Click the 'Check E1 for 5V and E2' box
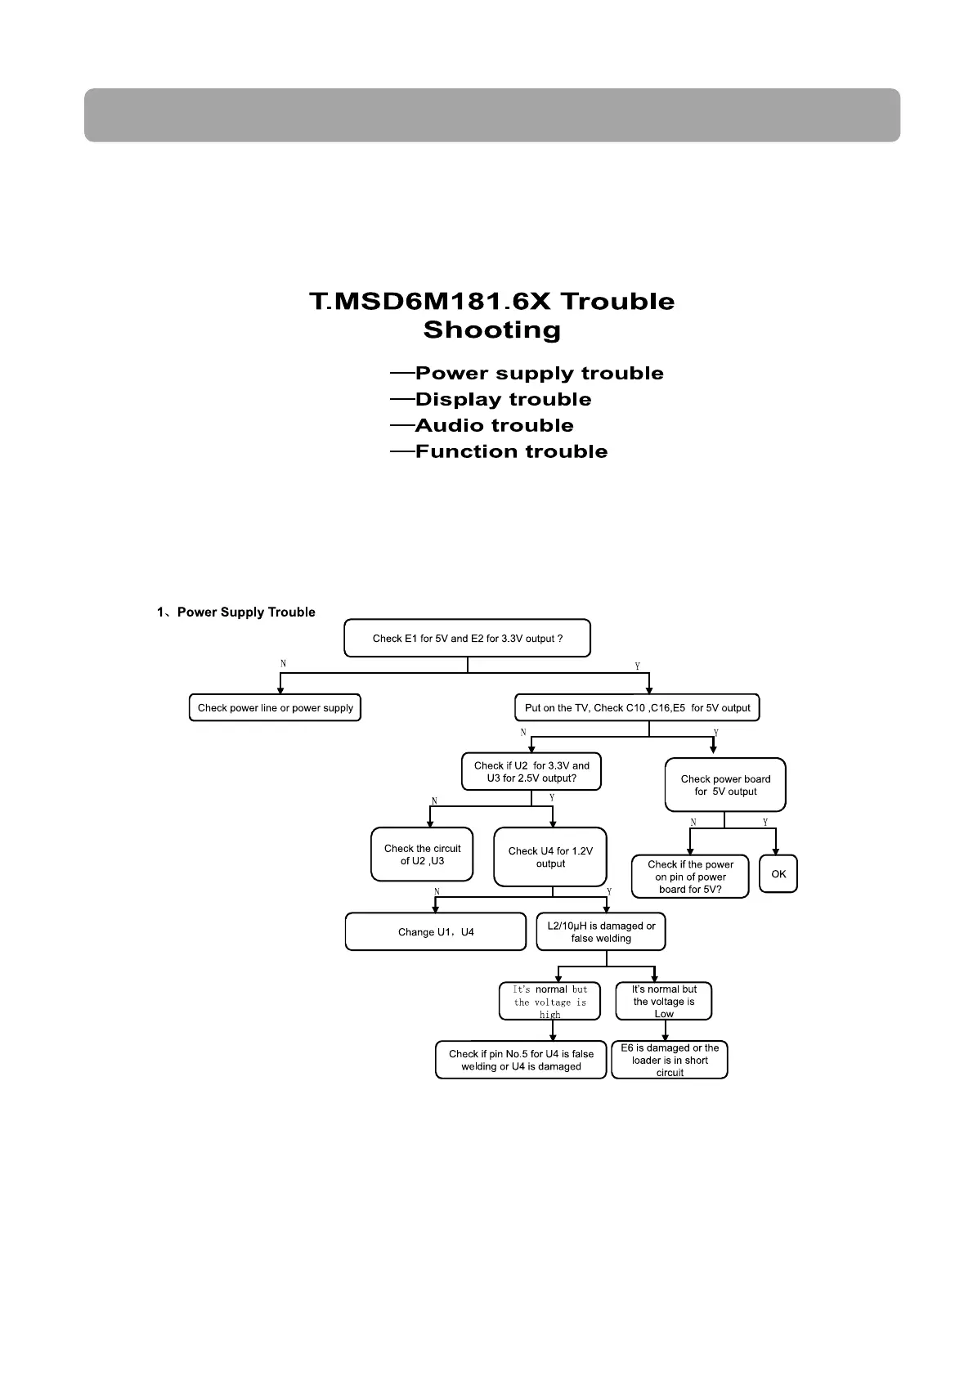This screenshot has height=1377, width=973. click(467, 638)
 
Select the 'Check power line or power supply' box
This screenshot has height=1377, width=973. click(275, 707)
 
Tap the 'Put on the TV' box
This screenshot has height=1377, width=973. click(637, 707)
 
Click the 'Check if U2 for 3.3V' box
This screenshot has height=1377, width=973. click(531, 771)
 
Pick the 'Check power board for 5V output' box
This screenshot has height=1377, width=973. click(725, 785)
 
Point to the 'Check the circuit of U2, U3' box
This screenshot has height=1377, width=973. click(422, 854)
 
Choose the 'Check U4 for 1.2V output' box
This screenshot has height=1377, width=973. click(550, 857)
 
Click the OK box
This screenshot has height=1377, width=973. click(778, 874)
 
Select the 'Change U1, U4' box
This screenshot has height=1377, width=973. click(436, 931)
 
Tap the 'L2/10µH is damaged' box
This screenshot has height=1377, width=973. click(601, 931)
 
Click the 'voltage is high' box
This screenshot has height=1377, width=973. click(549, 1002)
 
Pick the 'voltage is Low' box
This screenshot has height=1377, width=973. click(664, 1002)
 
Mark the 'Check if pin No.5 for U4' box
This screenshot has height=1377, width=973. click(521, 1060)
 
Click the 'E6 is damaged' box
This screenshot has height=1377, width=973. click(670, 1060)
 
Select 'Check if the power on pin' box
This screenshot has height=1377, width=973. click(690, 877)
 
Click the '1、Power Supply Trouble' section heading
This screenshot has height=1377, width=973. click(236, 612)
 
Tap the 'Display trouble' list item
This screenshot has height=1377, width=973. click(503, 400)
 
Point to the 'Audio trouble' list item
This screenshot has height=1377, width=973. click(494, 426)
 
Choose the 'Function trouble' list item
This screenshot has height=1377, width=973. click(511, 452)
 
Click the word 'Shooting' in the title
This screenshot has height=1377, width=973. click(492, 330)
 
